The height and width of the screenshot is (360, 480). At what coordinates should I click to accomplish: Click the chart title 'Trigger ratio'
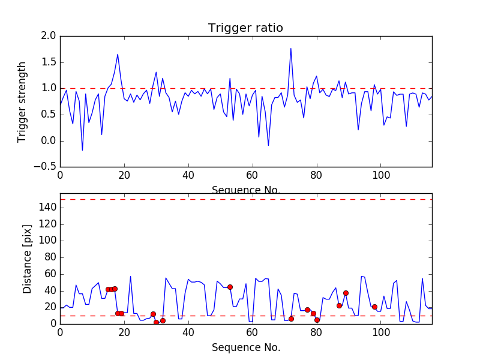tap(245, 28)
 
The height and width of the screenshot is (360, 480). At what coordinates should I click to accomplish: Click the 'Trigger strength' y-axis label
tap(22, 101)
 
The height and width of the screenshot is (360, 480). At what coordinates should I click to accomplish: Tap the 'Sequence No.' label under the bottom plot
tap(245, 347)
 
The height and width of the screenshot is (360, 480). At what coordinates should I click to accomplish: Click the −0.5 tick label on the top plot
tap(44, 167)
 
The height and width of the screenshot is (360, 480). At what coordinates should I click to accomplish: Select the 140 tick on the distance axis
tap(47, 208)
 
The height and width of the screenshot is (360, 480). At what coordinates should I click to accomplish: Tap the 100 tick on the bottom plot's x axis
tap(380, 332)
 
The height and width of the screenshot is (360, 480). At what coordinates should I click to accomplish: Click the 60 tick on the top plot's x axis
tap(252, 176)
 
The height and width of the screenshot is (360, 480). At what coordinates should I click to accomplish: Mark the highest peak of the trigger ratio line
tap(291, 49)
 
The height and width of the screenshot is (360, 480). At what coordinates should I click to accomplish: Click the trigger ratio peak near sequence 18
tap(118, 55)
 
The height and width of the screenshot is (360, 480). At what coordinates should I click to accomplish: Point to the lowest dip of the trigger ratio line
tap(82, 150)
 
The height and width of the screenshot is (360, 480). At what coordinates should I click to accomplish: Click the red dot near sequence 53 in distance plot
tap(230, 287)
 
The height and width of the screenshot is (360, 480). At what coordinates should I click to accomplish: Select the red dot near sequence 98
tap(374, 307)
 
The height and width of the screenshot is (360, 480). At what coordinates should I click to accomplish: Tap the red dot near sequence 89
tap(346, 293)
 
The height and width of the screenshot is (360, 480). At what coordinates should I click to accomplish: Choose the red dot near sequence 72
tap(291, 319)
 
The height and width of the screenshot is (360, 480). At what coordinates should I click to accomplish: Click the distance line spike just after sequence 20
tap(130, 277)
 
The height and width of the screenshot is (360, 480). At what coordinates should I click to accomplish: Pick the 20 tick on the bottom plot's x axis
tap(124, 332)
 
